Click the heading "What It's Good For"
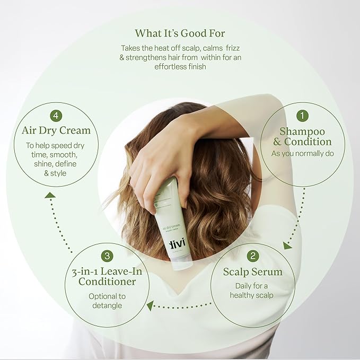click(x=180, y=33)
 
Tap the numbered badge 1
click(x=302, y=115)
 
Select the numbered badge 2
click(x=253, y=256)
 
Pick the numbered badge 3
click(x=107, y=256)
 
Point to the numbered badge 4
click(x=56, y=115)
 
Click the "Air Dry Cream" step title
click(x=56, y=130)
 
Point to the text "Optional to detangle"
click(x=107, y=301)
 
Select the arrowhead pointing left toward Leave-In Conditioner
click(x=151, y=305)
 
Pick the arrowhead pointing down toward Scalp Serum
click(x=287, y=245)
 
